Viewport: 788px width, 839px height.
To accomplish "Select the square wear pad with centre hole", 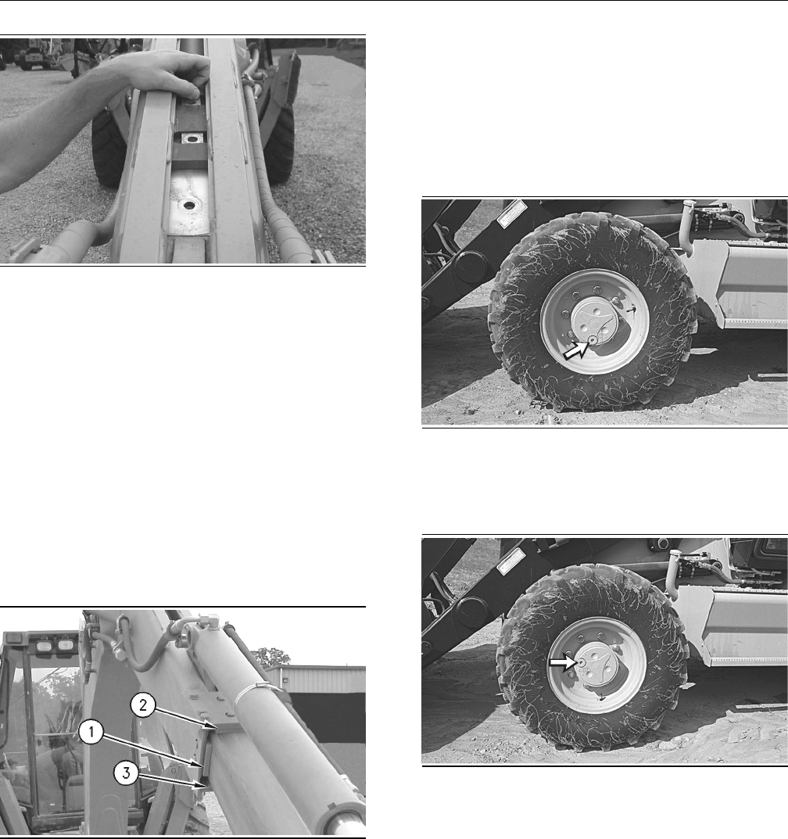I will click(x=188, y=139).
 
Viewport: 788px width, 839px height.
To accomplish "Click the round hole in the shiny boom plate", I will click(x=188, y=205).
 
